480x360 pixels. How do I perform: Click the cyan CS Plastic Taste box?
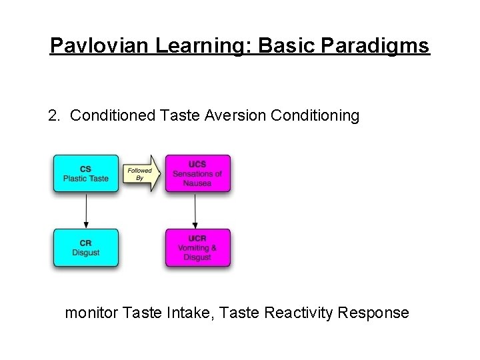tap(86, 173)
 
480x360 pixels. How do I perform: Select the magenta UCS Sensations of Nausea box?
tap(197, 173)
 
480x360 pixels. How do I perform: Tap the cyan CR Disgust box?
tap(86, 247)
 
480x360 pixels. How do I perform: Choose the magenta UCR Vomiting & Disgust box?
tap(197, 247)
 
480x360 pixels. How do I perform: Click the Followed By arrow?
tap(142, 173)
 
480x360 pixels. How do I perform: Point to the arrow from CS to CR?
tap(86, 210)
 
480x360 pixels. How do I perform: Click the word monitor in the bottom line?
tap(91, 312)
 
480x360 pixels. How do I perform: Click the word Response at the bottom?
tap(375, 312)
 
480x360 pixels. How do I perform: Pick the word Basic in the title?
tap(288, 45)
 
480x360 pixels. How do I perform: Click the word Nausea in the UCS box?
tap(197, 183)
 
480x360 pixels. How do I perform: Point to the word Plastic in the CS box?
tap(75, 178)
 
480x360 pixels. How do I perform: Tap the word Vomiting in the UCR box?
tap(193, 248)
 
